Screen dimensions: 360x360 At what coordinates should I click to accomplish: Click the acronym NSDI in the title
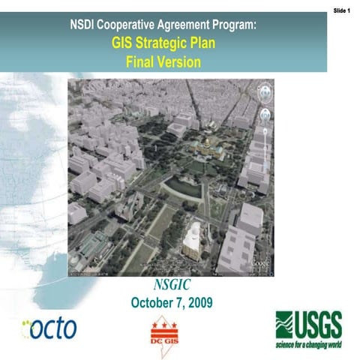click(85, 25)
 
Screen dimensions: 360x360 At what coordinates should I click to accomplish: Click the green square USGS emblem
click(286, 324)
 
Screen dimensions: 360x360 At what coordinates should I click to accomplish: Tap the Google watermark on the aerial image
click(260, 263)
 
